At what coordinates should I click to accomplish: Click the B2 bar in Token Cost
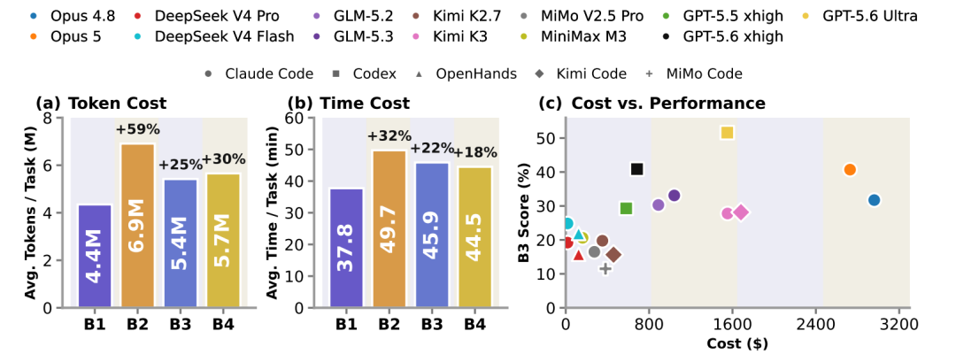point(137,226)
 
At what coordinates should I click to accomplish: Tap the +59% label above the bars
point(137,129)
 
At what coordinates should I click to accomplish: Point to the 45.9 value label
point(433,235)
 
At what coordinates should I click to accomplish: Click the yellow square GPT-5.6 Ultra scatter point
point(727,132)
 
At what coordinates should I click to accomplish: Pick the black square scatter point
point(637,169)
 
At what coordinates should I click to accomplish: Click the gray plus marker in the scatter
point(605,268)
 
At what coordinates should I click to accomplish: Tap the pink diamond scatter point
point(741,212)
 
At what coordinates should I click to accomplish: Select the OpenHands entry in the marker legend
point(468,74)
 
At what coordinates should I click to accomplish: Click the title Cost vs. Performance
point(668,104)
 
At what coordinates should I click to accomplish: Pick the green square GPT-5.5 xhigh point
point(626,208)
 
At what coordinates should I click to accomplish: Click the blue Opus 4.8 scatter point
point(874,200)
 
